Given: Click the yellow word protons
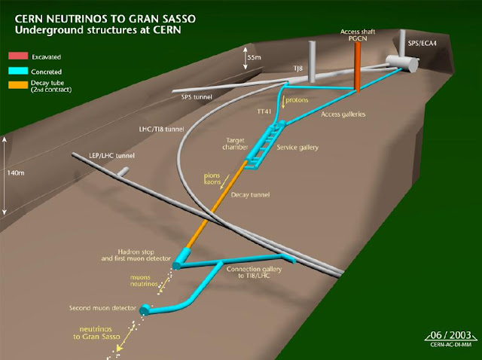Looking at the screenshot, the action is (x=294, y=99).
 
